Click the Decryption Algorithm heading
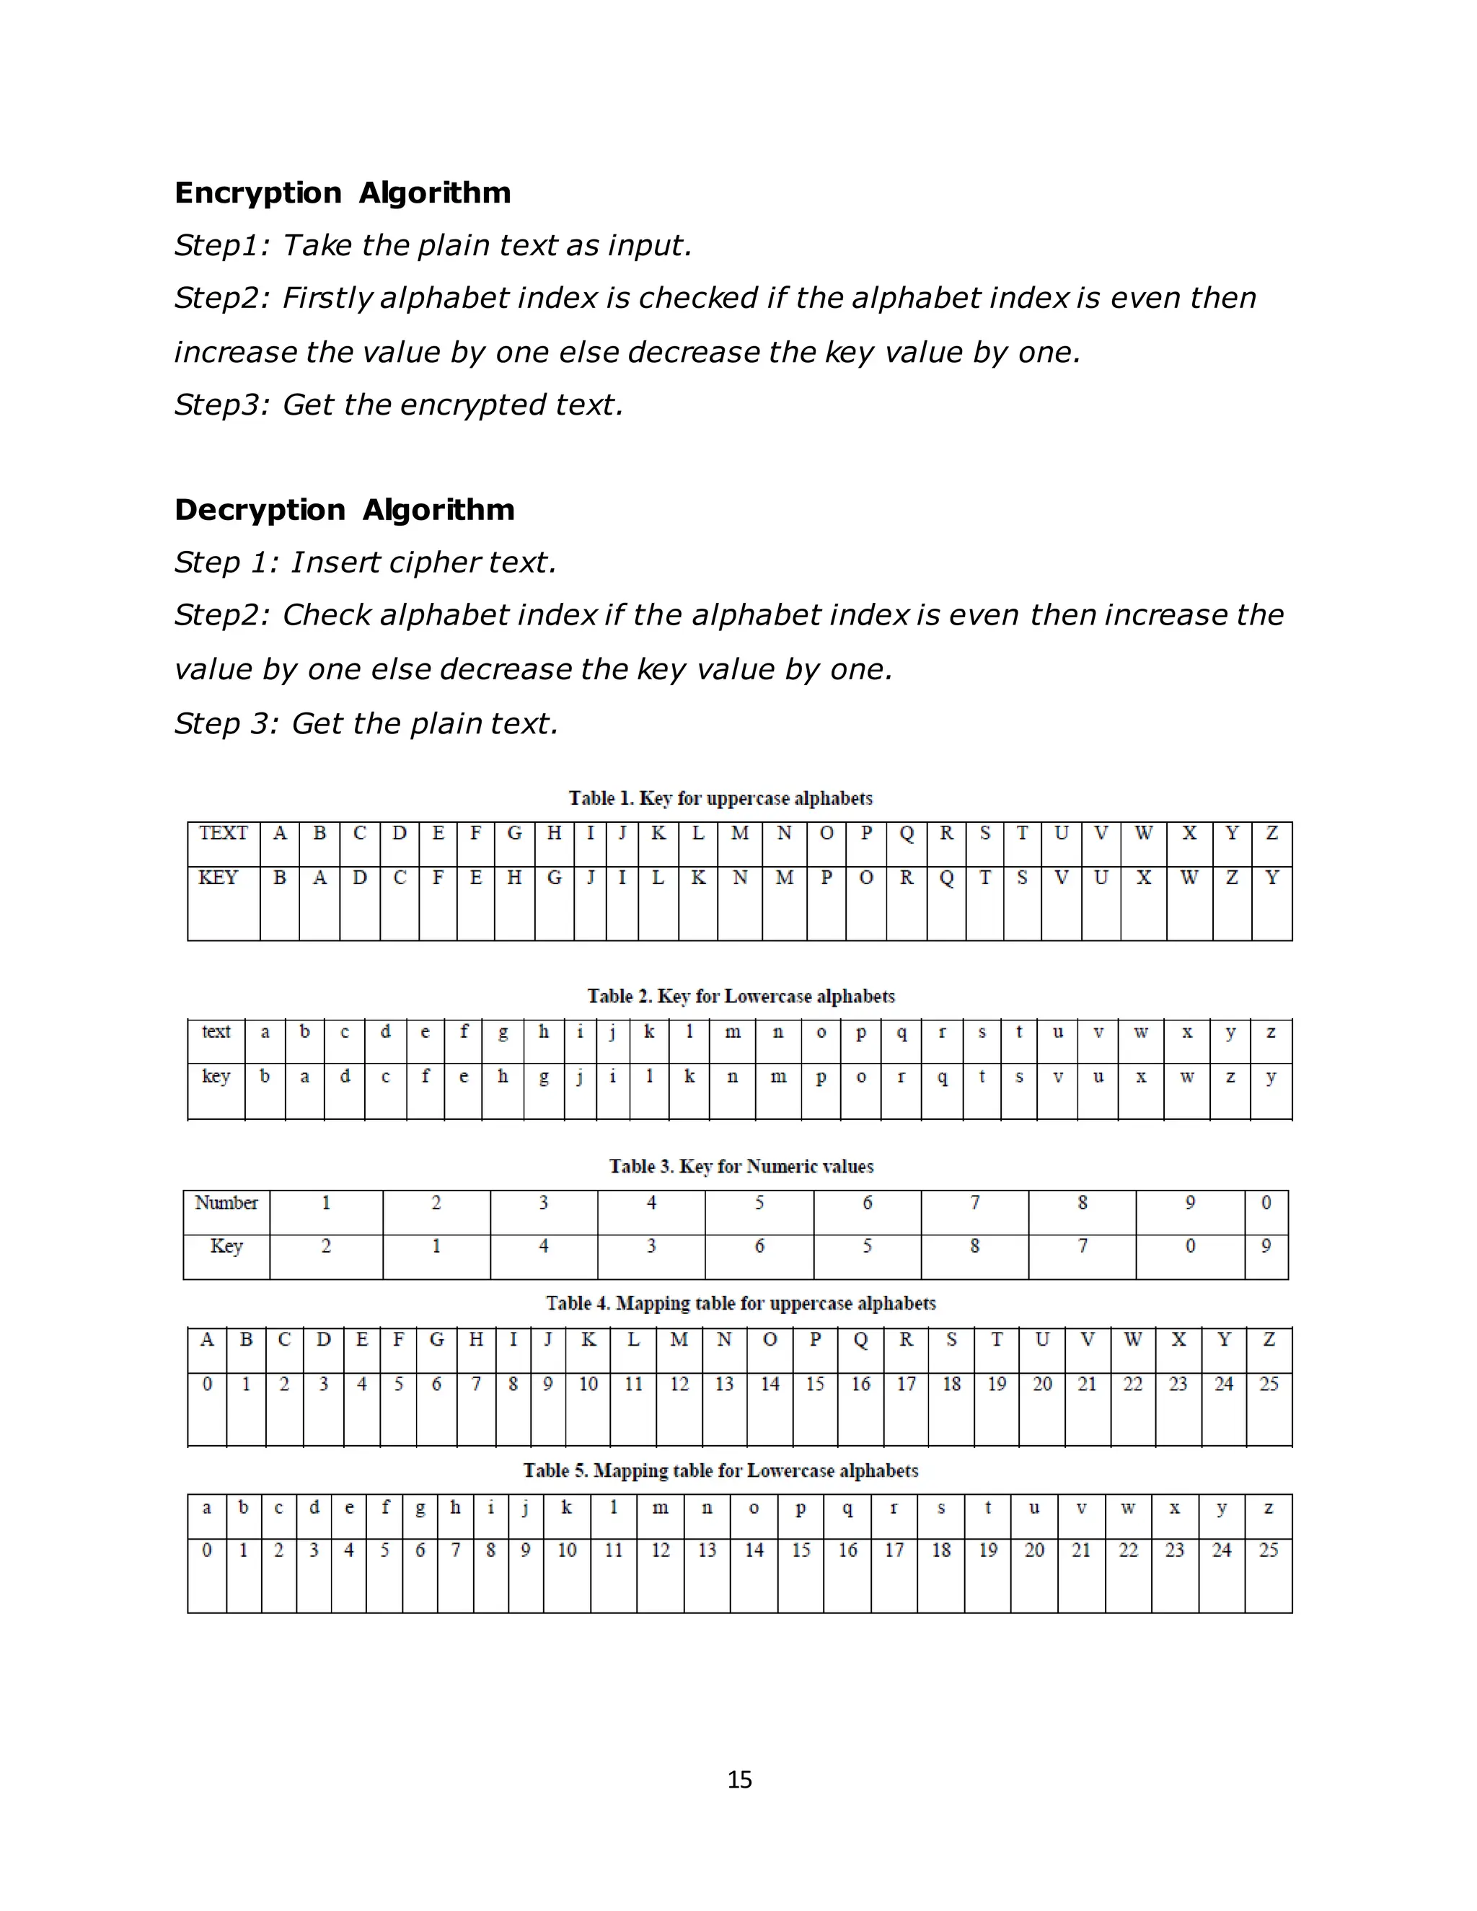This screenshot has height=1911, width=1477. coord(344,509)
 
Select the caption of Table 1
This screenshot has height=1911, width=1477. coord(720,798)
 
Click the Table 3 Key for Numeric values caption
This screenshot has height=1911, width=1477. coord(741,1166)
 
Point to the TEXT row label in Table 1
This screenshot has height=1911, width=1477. coord(223,833)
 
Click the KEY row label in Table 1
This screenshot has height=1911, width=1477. coord(218,878)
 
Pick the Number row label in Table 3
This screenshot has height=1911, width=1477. coord(226,1203)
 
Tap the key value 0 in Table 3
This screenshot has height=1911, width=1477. coord(1190,1246)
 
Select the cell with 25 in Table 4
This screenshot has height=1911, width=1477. coord(1269,1385)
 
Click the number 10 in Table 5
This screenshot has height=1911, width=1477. coord(567,1550)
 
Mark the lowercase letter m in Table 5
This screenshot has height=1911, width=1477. coord(661,1508)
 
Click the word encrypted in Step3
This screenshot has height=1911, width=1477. coord(475,405)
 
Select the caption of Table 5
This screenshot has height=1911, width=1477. coord(720,1471)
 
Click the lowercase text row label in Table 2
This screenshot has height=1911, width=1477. coord(216,1032)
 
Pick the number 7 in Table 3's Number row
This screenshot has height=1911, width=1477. coord(975,1203)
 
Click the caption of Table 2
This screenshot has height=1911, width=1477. coord(740,997)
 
